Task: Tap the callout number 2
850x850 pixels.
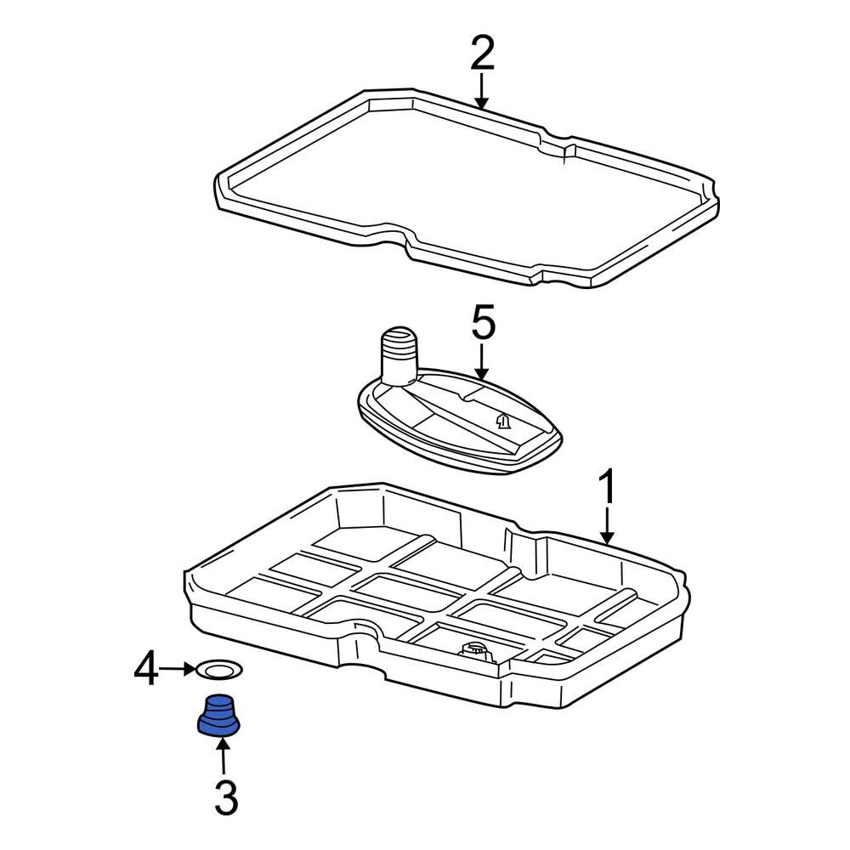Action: pos(481,54)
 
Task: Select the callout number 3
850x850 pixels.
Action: pos(225,798)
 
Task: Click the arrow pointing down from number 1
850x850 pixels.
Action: pos(607,527)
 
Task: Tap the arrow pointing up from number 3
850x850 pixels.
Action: pos(224,756)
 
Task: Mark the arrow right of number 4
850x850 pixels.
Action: pos(178,670)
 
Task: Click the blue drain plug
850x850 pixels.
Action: pos(219,716)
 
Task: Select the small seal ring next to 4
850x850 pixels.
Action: pos(218,671)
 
